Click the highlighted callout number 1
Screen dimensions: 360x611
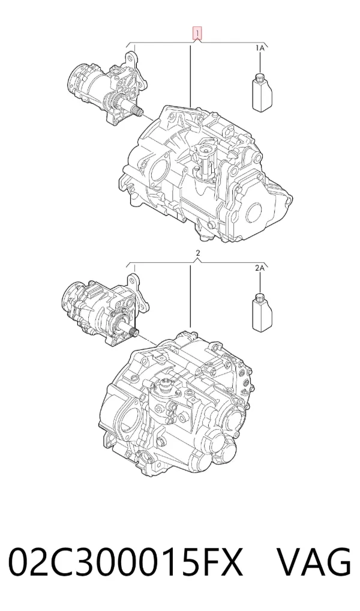198,34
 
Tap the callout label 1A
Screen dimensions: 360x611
260,48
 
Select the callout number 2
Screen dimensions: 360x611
198,253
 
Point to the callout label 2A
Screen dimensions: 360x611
260,268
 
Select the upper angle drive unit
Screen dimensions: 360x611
108,86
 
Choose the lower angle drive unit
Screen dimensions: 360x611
105,310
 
